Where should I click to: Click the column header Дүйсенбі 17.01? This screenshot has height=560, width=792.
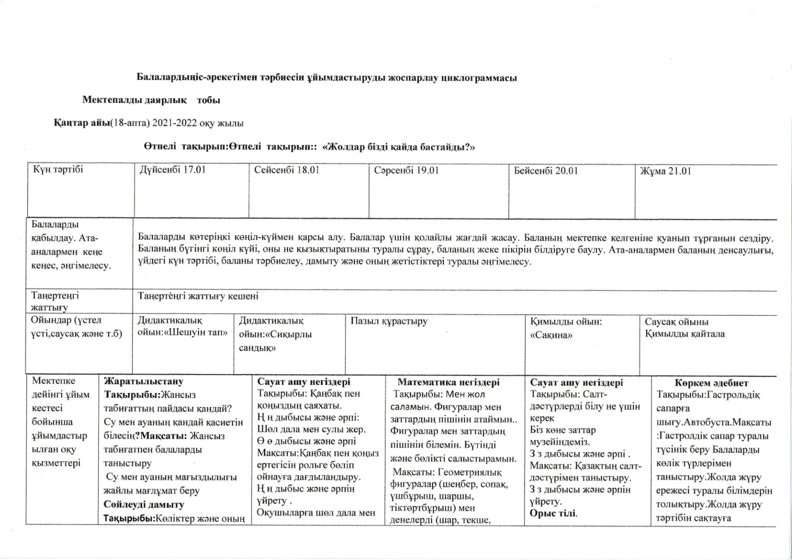[x=172, y=170]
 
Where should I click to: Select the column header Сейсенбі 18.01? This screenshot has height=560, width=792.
[x=287, y=170]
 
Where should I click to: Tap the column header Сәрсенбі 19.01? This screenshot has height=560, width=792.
[x=406, y=170]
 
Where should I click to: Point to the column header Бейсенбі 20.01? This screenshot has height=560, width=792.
[x=545, y=171]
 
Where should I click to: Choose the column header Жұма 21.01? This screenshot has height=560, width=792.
[x=665, y=171]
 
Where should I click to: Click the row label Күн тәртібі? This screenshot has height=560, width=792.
[x=58, y=169]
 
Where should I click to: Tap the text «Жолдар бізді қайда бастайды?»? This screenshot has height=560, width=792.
[x=398, y=147]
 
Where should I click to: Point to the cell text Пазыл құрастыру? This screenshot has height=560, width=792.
[x=389, y=321]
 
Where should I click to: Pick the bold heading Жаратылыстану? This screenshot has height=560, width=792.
[x=144, y=382]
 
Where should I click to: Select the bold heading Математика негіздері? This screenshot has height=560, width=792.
[x=448, y=382]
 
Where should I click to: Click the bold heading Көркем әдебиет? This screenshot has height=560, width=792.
[x=711, y=383]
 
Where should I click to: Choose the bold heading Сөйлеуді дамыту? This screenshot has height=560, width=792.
[x=144, y=504]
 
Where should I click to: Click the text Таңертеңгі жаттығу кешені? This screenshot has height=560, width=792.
[x=198, y=296]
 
